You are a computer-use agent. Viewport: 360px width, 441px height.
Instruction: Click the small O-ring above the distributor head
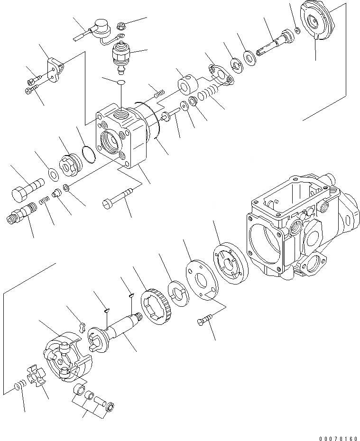click(x=121, y=83)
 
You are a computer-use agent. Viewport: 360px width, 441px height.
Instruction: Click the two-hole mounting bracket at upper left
click(x=55, y=69)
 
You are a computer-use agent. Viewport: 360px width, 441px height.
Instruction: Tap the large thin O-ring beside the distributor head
click(x=87, y=154)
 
